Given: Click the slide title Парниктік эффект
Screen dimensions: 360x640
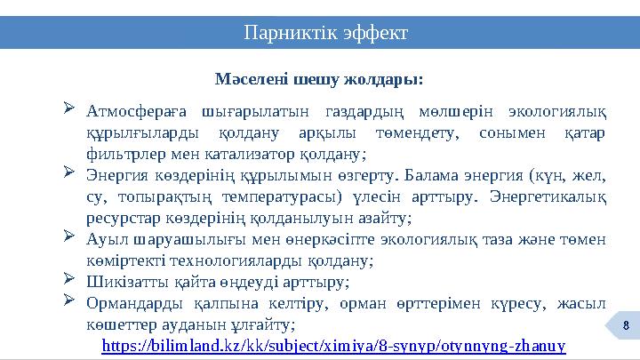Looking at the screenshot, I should (326, 33).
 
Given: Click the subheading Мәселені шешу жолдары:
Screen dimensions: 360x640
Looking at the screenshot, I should (320, 80).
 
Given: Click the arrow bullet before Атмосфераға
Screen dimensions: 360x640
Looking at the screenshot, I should (70, 111).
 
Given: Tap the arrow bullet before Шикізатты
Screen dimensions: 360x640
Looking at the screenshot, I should (70, 281).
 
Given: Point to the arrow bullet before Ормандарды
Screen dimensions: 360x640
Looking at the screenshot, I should (70, 301).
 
